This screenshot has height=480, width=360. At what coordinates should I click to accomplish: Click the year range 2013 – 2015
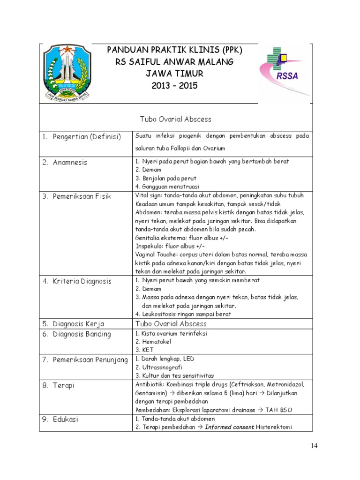click(175, 86)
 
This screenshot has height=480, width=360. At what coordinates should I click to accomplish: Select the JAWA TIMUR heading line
click(175, 74)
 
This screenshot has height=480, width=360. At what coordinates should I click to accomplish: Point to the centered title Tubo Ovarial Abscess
click(175, 119)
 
